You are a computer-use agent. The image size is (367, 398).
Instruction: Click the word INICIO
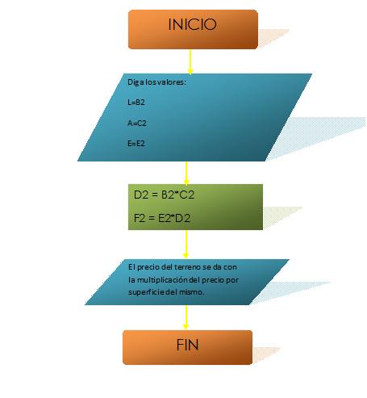pos(192,24)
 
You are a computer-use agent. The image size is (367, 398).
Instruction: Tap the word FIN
pos(187,345)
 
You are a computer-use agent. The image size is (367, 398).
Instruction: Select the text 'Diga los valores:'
pos(156,82)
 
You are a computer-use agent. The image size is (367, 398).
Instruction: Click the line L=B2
pos(136,103)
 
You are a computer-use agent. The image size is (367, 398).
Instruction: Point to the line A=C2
pos(137,123)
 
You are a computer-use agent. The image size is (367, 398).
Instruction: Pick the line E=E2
pos(136,144)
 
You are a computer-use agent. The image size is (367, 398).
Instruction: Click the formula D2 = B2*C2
pos(164,195)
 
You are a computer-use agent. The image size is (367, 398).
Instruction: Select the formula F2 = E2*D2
pos(162,218)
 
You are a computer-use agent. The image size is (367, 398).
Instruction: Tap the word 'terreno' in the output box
pos(188,267)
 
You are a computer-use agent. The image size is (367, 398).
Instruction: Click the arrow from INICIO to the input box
pos(190,61)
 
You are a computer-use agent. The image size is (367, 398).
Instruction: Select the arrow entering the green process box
pos(186,173)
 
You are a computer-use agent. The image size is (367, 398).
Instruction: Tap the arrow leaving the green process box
pos(186,244)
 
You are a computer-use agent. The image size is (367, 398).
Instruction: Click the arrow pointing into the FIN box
pos(186,317)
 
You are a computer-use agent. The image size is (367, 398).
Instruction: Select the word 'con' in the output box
pos(231,267)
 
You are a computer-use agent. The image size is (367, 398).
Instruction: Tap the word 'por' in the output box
pos(232,280)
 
